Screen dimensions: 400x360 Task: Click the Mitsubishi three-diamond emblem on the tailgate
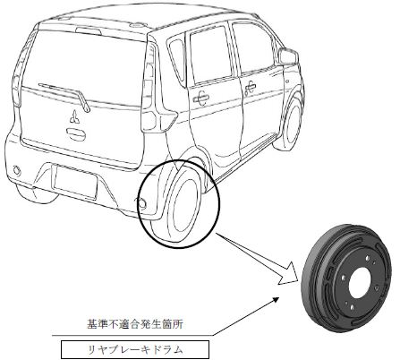[x=74, y=116]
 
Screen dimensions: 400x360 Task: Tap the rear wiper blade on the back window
[x=64, y=96]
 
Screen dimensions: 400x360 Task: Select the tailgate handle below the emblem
[x=76, y=134]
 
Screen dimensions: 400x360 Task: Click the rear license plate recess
[x=75, y=181]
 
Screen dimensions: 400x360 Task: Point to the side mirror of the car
[x=289, y=56]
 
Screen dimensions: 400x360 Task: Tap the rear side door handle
[x=201, y=98]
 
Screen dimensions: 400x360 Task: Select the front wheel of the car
[x=290, y=124]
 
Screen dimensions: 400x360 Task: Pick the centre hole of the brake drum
[x=359, y=282]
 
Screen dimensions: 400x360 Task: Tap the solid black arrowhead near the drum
[x=275, y=300]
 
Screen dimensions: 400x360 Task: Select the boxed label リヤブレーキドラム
[x=135, y=349]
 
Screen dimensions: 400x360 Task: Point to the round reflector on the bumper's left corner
[x=17, y=170]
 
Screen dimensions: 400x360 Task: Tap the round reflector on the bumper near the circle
[x=142, y=203]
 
